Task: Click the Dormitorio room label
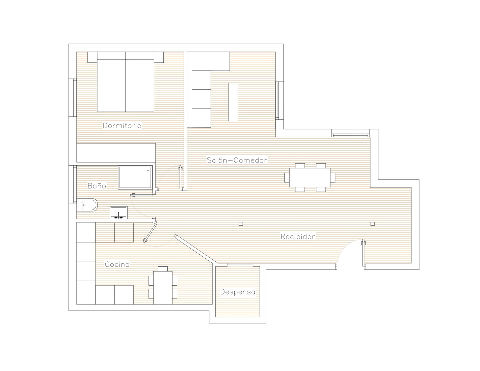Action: [x=122, y=125]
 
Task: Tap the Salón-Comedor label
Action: [x=237, y=160]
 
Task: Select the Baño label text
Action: [x=97, y=185]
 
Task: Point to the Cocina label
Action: [x=117, y=264]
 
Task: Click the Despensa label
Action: [x=238, y=292]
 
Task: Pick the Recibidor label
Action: [x=297, y=236]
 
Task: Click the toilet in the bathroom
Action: [x=88, y=205]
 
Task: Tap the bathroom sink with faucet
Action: [x=118, y=213]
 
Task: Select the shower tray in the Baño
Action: [x=135, y=177]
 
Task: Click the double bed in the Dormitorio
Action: [x=126, y=82]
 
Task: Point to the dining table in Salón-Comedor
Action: [x=310, y=177]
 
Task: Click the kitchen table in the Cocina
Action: [x=163, y=288]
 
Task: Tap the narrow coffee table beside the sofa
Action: [x=233, y=102]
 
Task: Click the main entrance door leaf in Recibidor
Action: [x=363, y=253]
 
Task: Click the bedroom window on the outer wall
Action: [x=75, y=97]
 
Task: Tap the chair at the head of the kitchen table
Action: [x=163, y=269]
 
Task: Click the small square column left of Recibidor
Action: [x=241, y=224]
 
